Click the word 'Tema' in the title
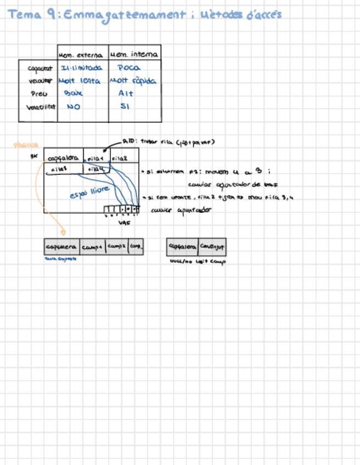pos(24,15)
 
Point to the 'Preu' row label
pos(39,94)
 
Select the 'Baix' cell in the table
pos(73,94)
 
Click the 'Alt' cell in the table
pos(126,94)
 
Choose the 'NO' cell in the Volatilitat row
pos(73,107)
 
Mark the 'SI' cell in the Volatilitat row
pos(125,106)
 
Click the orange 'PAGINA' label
pos(26,146)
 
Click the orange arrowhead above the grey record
pos(63,232)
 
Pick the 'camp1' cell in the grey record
pos(92,247)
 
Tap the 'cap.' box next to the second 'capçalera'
pos(212,247)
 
